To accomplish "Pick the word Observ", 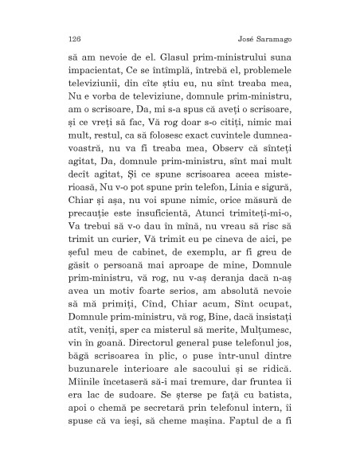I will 231,174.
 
